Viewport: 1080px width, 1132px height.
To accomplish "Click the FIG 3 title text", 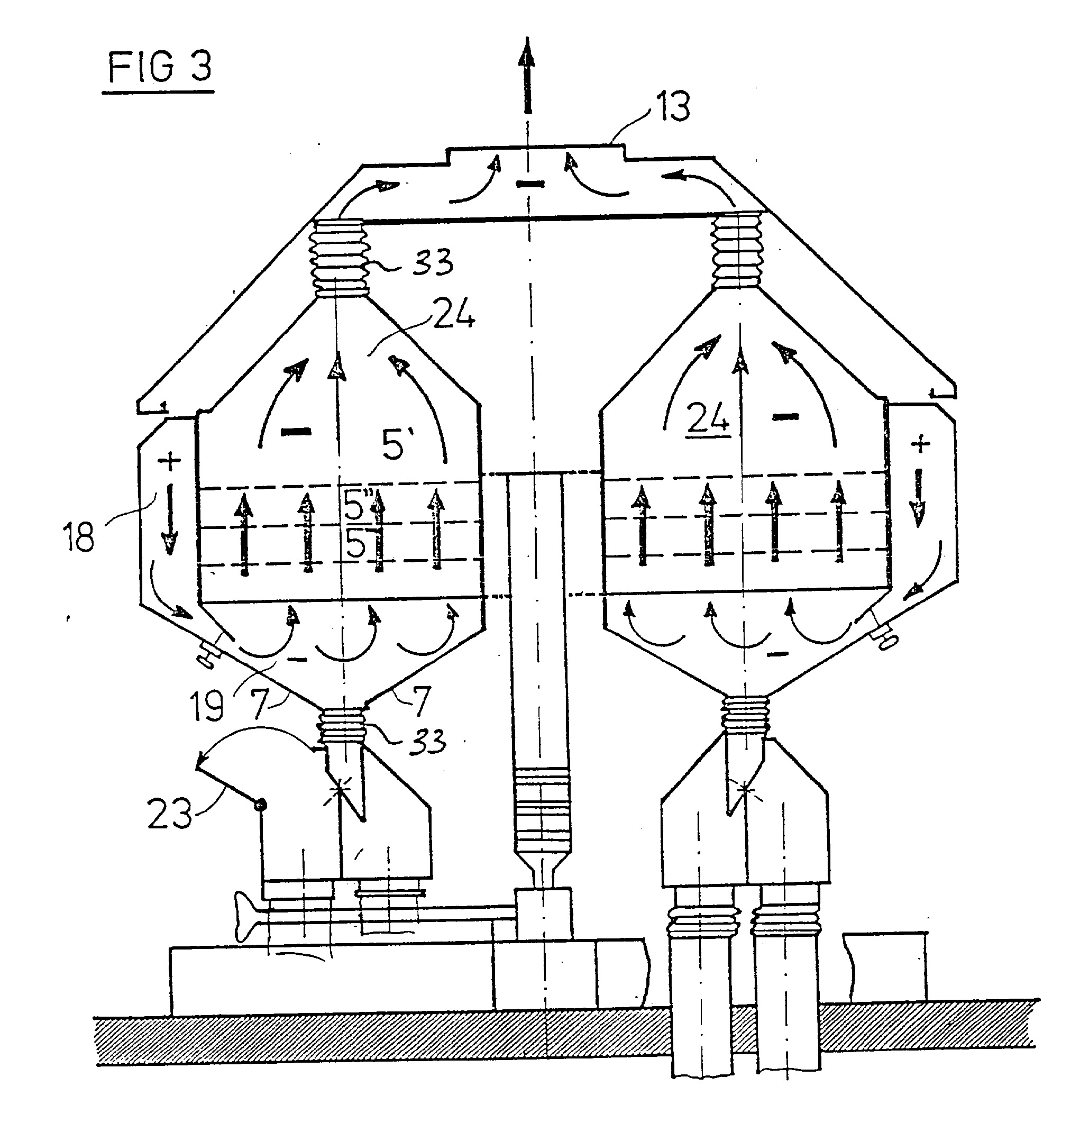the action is click(160, 67).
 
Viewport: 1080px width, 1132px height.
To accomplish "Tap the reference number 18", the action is click(78, 536).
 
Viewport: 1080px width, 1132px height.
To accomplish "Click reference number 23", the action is click(169, 814).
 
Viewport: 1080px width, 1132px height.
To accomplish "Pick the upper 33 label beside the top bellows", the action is click(432, 262).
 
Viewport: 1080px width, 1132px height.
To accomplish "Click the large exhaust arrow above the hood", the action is click(526, 75).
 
